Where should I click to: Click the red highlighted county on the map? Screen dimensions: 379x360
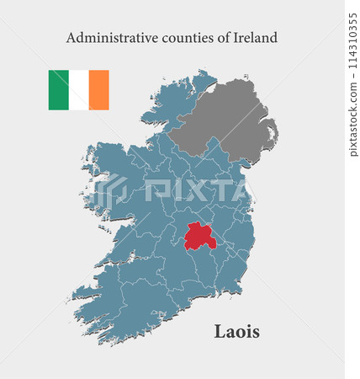[199, 237]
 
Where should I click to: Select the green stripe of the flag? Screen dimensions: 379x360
[58, 90]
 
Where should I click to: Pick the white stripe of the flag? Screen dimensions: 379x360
[79, 90]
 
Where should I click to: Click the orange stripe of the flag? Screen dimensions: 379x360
[99, 90]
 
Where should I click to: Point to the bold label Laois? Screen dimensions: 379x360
[236, 331]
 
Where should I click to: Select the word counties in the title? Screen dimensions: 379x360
[184, 38]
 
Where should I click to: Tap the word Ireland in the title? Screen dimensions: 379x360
[255, 38]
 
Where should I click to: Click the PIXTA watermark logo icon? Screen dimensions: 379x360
[109, 192]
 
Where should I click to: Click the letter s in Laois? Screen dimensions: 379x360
[255, 332]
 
